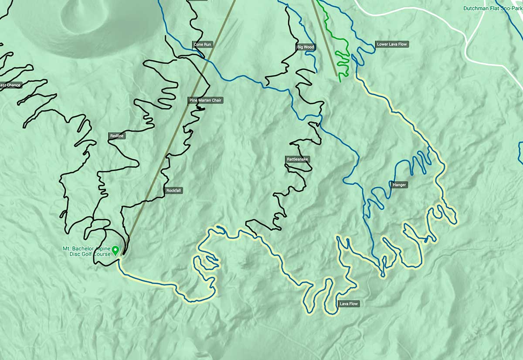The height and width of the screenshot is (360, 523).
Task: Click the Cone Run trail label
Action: pos(202,44)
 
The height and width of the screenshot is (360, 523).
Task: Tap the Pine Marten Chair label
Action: pos(205,100)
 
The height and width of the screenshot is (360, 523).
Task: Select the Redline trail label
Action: pos(117,136)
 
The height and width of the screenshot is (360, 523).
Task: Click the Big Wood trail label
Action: pos(306,47)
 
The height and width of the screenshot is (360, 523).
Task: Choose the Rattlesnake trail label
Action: pos(298,160)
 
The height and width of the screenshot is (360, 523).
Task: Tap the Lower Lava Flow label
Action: pos(392,44)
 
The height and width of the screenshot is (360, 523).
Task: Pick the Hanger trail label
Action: pos(399,185)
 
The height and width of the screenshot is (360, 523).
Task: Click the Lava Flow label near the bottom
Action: pos(349,304)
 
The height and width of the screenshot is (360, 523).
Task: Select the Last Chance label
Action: pos(10,85)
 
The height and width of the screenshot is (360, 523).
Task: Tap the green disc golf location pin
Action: pos(115,250)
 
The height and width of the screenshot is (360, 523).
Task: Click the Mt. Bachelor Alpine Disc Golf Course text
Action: pos(87,251)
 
